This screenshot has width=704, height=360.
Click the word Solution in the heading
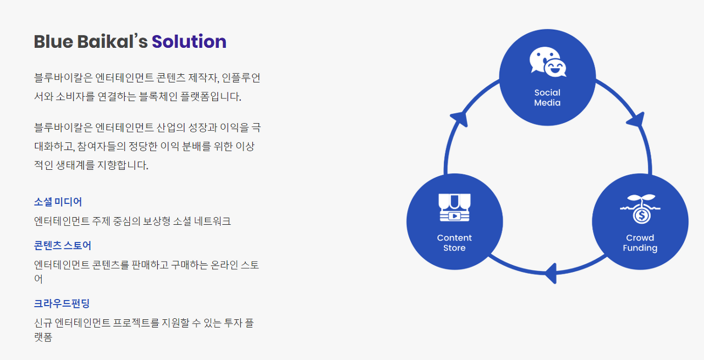(189, 42)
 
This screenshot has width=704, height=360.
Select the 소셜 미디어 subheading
(58, 202)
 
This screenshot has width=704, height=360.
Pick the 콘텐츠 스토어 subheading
(62, 245)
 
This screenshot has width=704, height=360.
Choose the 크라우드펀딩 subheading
(62, 303)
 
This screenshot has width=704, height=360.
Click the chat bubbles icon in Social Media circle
(547, 62)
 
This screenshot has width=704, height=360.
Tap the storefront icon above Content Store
(454, 207)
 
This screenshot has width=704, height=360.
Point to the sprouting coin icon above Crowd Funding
(640, 208)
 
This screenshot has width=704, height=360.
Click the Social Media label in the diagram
(547, 97)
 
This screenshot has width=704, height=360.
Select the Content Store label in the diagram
(454, 242)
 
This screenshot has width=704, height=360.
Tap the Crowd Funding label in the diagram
(640, 242)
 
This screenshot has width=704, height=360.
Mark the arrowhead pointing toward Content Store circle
(551, 272)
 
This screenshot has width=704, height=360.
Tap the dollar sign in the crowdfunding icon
(641, 215)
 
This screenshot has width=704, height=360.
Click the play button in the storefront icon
(454, 216)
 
